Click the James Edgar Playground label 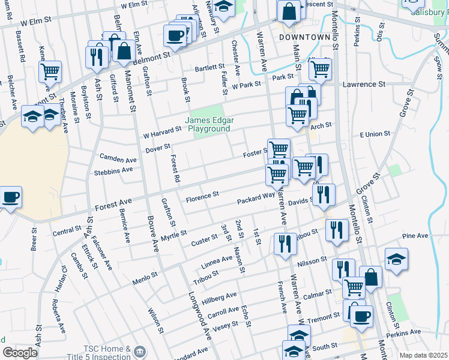(210, 124)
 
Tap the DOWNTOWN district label (304, 37)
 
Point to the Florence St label (202, 196)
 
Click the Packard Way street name (256, 197)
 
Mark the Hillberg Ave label (219, 298)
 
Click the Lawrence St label (364, 85)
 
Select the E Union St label (375, 134)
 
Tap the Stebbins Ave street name (113, 170)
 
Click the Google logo (20, 353)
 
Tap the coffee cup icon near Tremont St (361, 317)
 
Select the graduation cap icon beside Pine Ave (396, 260)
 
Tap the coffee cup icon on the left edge (10, 197)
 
